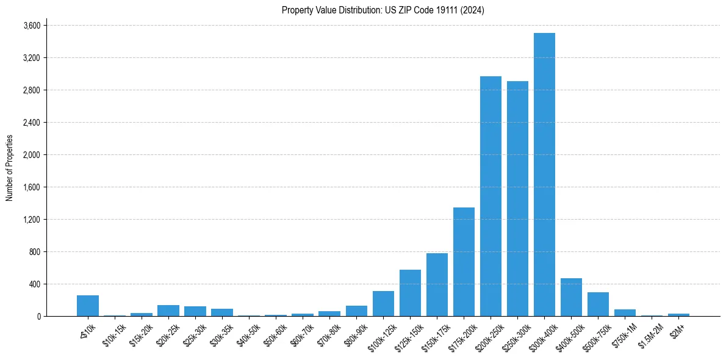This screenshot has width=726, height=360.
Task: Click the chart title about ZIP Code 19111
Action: point(383,10)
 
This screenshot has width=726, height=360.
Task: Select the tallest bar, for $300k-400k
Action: point(544,175)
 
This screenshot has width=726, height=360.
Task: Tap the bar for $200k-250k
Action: point(491,196)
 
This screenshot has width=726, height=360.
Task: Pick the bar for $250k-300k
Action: point(517,198)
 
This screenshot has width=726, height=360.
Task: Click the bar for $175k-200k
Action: point(464,262)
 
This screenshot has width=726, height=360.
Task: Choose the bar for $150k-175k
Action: point(437,284)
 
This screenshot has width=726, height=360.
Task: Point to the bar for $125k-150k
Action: point(410,293)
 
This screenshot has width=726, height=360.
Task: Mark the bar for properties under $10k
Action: point(88,306)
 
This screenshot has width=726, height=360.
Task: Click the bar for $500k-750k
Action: point(598,304)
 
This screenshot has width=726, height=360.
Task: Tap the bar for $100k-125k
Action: point(383,303)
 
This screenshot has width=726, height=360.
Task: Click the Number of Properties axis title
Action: point(10,168)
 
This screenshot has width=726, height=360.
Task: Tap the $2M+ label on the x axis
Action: point(677,329)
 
